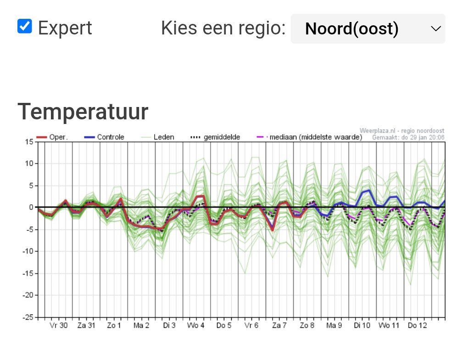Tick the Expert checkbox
(x=25, y=27)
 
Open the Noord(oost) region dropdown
(x=368, y=29)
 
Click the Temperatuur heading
(x=83, y=112)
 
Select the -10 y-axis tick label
(x=27, y=252)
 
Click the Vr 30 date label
(x=58, y=326)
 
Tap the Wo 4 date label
(x=196, y=326)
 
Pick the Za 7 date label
(x=279, y=326)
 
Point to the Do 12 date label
(x=417, y=326)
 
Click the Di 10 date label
(x=362, y=326)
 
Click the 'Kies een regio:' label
(x=223, y=28)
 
